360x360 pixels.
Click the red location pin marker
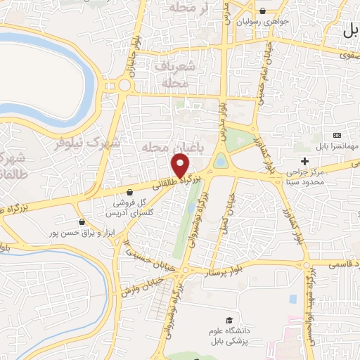click(181, 167)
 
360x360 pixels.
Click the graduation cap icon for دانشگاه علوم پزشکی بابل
click(229, 319)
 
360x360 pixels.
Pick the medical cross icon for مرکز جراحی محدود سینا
click(304, 162)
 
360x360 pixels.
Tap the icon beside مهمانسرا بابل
click(337, 135)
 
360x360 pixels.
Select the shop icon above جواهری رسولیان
click(262, 11)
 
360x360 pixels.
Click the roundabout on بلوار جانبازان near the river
click(124, 86)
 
